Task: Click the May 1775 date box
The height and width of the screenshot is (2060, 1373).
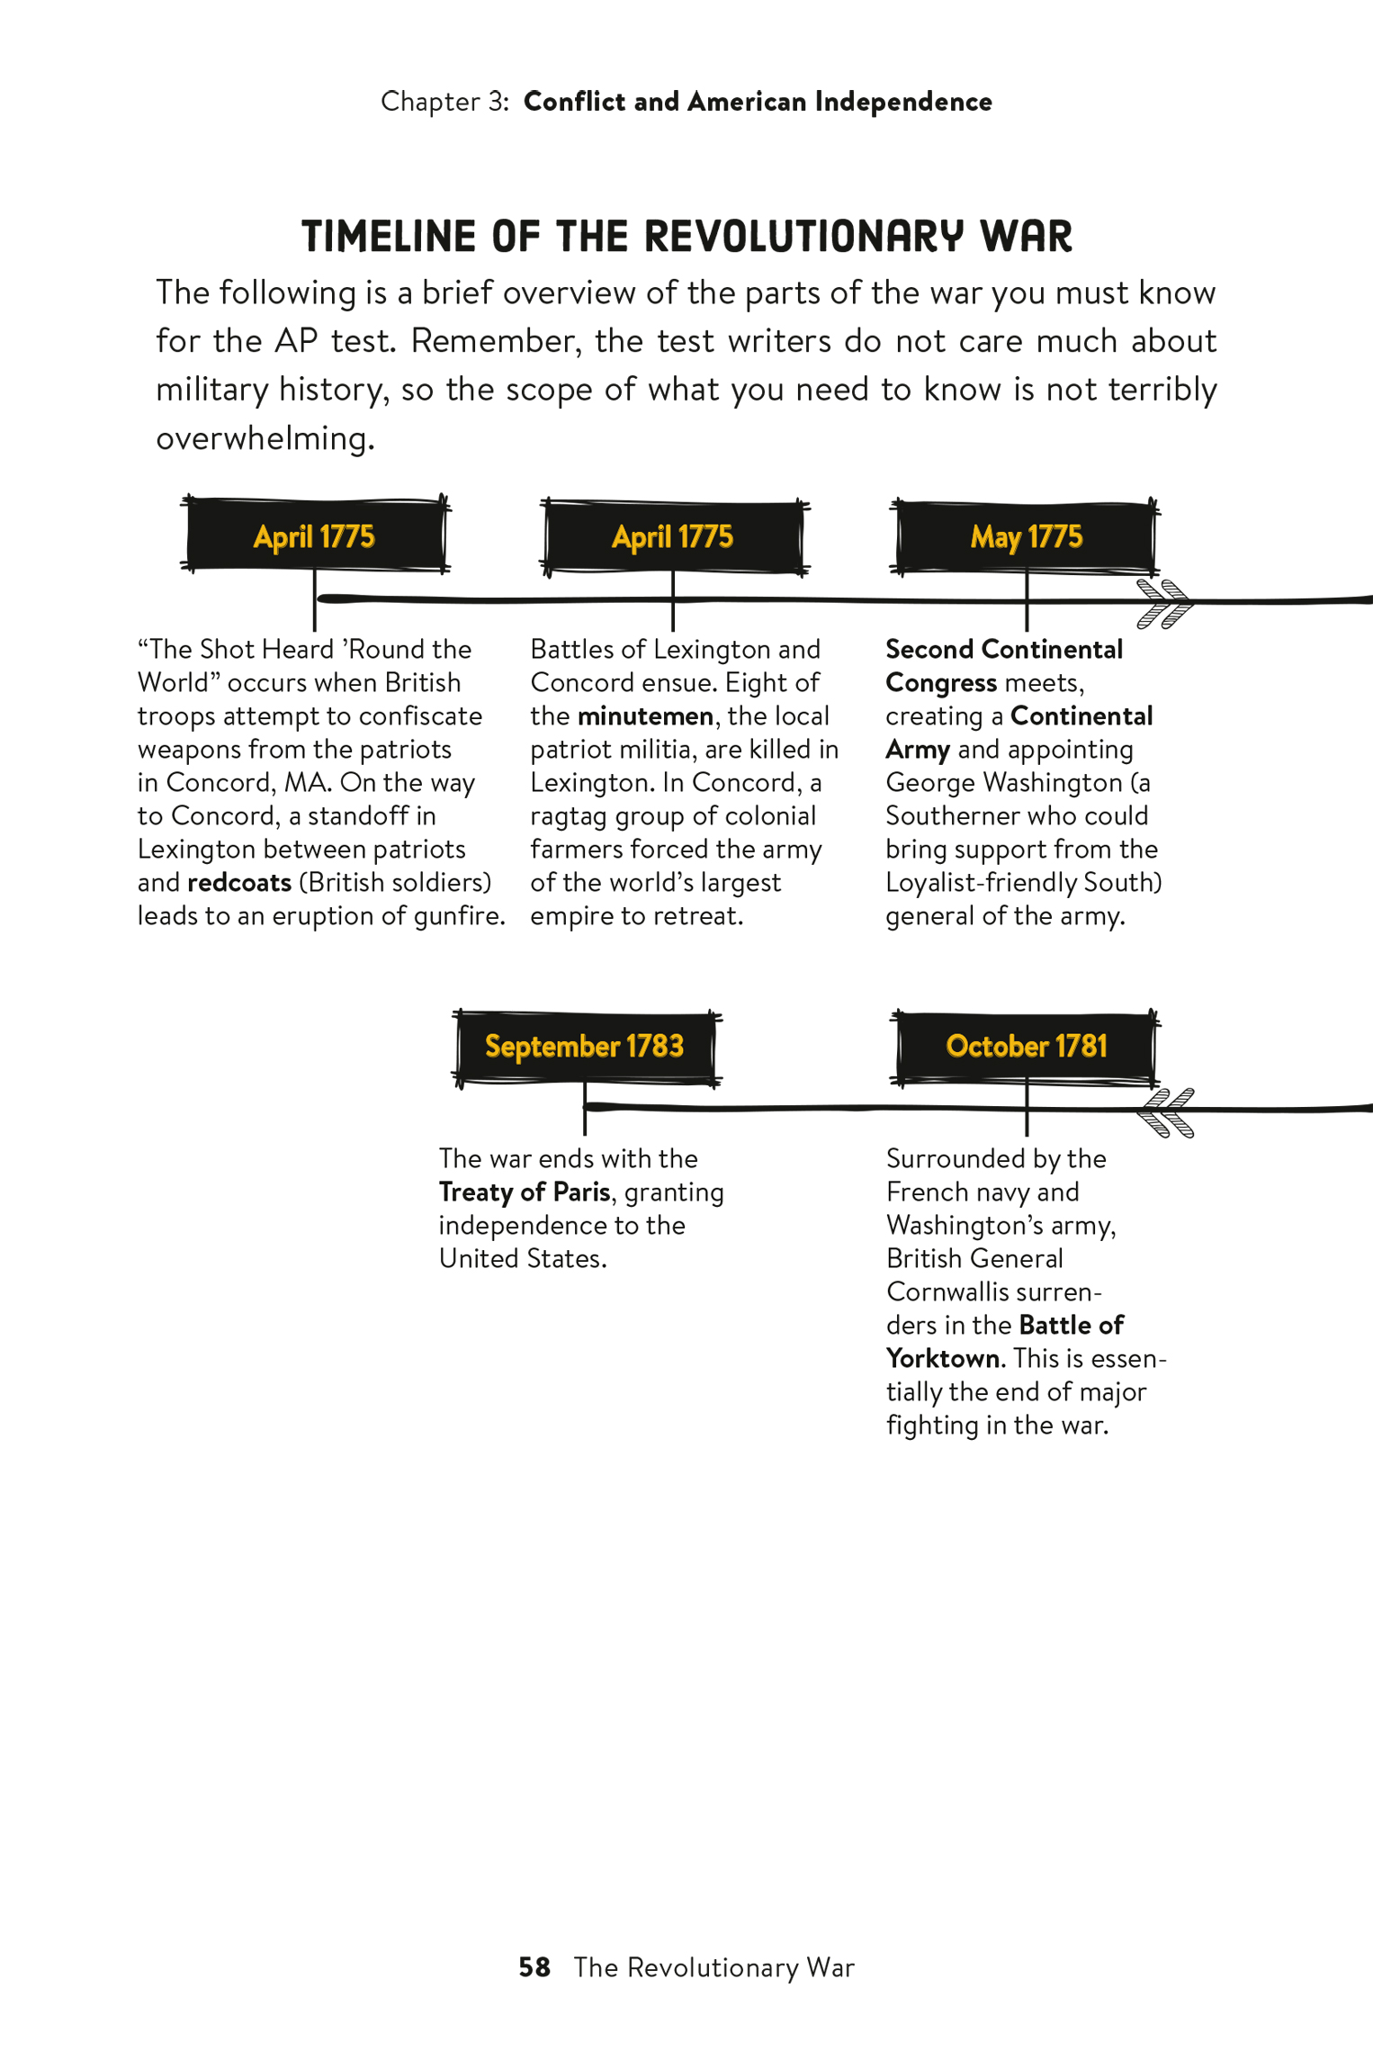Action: coord(1026,536)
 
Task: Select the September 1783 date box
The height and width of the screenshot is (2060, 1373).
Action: coord(585,1047)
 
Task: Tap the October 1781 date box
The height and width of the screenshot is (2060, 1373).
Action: coord(1026,1047)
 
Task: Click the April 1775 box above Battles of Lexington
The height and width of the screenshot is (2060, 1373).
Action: coord(673,536)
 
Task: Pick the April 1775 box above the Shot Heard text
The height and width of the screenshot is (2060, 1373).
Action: coord(314,536)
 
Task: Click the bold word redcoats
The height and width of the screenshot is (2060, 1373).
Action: coord(239,883)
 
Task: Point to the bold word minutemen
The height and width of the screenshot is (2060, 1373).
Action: coord(645,716)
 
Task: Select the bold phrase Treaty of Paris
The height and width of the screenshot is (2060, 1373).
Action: coord(525,1192)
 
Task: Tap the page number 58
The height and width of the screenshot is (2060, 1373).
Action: coord(534,1967)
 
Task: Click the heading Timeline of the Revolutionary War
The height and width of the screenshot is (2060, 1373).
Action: coord(686,237)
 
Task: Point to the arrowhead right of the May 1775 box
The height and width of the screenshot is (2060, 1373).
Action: coord(1165,603)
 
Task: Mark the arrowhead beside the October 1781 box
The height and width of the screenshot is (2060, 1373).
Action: coord(1165,1112)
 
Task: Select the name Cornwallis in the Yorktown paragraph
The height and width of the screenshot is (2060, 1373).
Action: coord(949,1292)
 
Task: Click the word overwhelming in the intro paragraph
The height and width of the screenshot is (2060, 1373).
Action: coord(265,439)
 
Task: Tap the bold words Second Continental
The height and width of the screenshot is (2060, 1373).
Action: coord(1003,650)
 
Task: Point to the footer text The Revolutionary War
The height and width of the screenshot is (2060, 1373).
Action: coord(713,1967)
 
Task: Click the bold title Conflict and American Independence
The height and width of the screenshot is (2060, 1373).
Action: coord(758,102)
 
